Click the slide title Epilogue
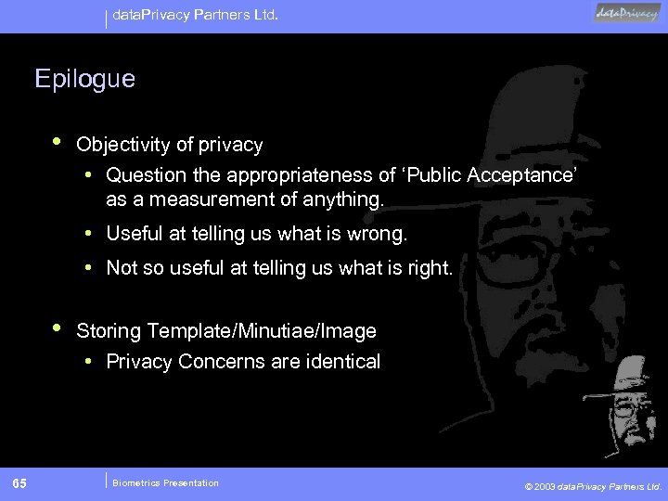pyautogui.click(x=84, y=79)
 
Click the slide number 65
pyautogui.click(x=19, y=483)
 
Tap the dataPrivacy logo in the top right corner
pyautogui.click(x=627, y=13)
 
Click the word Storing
pyautogui.click(x=110, y=330)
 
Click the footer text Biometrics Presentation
pyautogui.click(x=165, y=482)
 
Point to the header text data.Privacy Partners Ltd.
pyautogui.click(x=196, y=15)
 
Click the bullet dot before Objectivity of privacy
pyautogui.click(x=58, y=142)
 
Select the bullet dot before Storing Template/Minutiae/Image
pyautogui.click(x=58, y=328)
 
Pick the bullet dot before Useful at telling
pyautogui.click(x=87, y=234)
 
